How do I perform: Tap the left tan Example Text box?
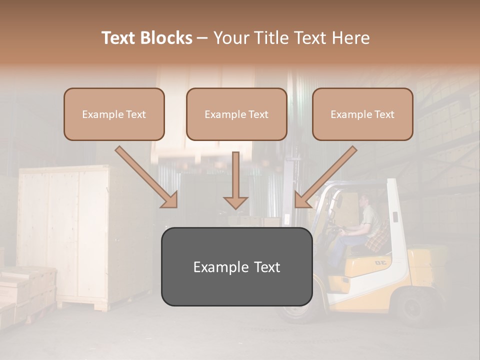[x=114, y=114]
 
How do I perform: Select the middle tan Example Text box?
[x=236, y=114]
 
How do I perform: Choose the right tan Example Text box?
[x=362, y=114]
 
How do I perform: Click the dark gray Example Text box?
[x=236, y=266]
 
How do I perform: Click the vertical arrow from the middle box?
[x=235, y=180]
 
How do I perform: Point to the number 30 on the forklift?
[x=381, y=262]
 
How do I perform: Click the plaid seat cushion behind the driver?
[x=378, y=237]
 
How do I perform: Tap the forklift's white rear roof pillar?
[x=395, y=220]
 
